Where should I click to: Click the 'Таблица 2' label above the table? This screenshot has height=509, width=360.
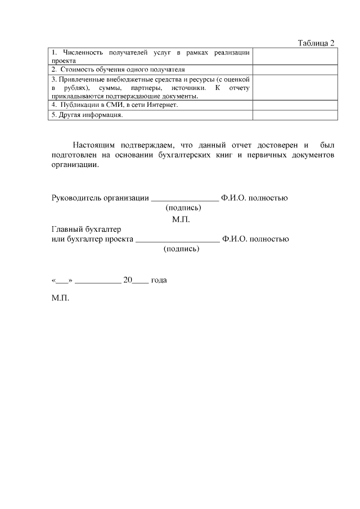[x=316, y=43]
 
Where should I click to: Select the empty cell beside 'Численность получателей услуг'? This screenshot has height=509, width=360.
[x=295, y=56]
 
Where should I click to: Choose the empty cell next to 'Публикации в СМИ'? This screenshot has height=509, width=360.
[x=295, y=105]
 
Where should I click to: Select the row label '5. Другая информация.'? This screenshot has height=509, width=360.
[x=87, y=115]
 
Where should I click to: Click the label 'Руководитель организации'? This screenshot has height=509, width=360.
[x=100, y=197]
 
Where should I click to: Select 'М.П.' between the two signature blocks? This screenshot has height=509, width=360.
[x=181, y=219]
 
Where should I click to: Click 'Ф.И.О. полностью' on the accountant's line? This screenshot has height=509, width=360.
[x=255, y=239]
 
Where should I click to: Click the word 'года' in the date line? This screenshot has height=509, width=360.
[x=159, y=280]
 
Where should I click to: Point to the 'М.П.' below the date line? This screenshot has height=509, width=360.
[x=60, y=299]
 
